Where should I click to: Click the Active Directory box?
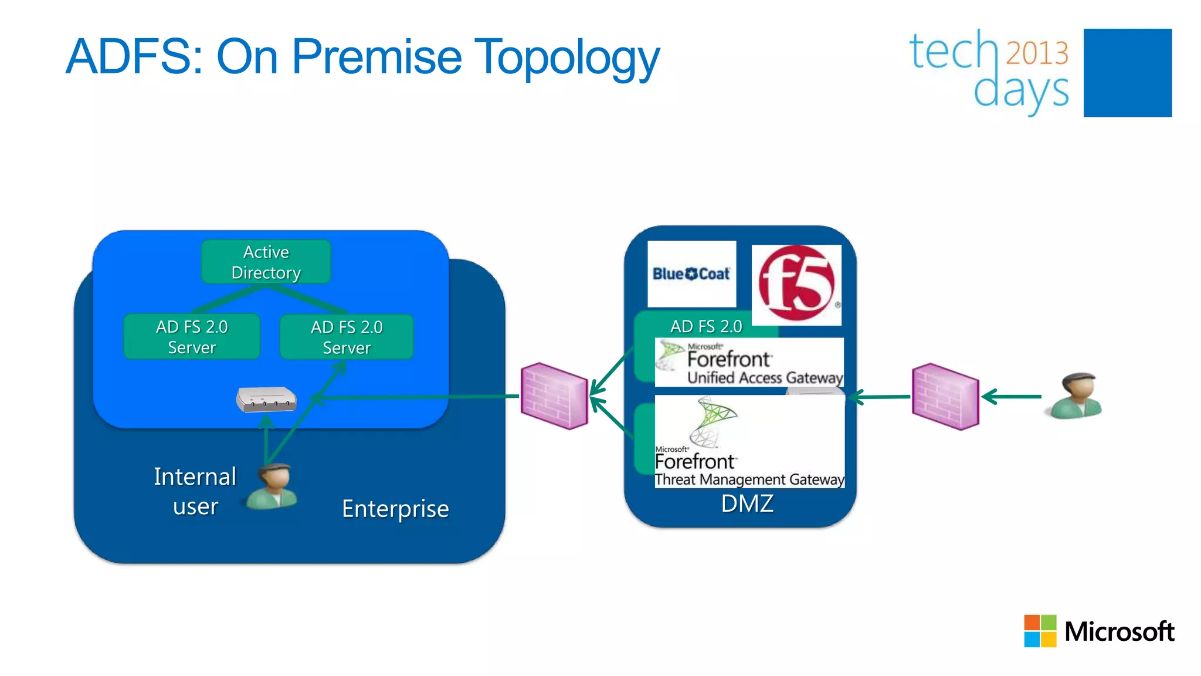(x=266, y=262)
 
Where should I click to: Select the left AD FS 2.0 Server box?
(x=192, y=337)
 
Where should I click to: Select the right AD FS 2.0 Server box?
(x=347, y=337)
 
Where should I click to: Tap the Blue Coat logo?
(x=691, y=274)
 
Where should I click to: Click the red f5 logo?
(x=796, y=285)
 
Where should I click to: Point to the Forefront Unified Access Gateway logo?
(x=749, y=363)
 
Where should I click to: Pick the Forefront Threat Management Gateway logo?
(x=749, y=442)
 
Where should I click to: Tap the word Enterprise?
(x=395, y=509)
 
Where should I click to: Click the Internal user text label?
(x=195, y=491)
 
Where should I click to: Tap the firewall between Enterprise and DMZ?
(x=554, y=396)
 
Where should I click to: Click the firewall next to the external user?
(x=945, y=397)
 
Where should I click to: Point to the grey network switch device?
(x=266, y=400)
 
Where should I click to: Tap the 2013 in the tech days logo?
(x=1037, y=53)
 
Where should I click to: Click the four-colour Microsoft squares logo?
(x=1040, y=631)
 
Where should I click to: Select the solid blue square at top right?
(x=1127, y=73)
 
